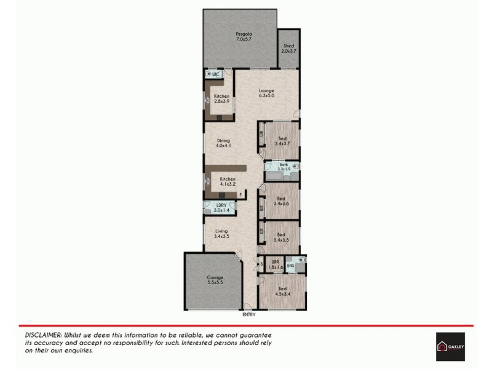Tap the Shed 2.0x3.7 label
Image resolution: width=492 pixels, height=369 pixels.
click(288, 48)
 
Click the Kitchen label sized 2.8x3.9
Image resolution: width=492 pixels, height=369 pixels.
click(221, 99)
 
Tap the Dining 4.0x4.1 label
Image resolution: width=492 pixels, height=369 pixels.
click(223, 143)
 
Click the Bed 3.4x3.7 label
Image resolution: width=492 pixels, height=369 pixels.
click(281, 140)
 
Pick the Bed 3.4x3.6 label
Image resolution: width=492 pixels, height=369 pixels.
click(281, 200)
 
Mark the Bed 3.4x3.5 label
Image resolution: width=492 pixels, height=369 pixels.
click(281, 236)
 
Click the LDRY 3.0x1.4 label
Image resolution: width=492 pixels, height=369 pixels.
click(220, 208)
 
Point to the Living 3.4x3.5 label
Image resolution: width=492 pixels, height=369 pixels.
click(221, 233)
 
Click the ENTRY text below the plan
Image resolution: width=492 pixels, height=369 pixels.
click(249, 314)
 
